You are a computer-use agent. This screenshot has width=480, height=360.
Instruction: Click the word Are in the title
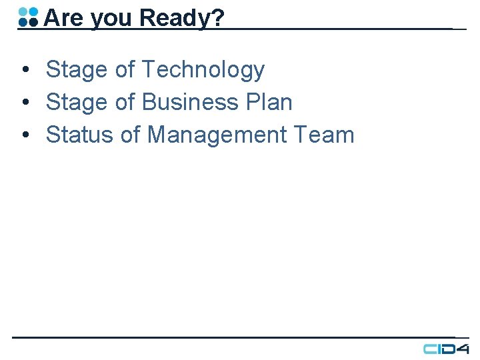point(63,18)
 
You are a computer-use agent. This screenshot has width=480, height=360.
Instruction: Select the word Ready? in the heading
point(181,19)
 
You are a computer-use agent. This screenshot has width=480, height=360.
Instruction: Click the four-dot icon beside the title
point(28,17)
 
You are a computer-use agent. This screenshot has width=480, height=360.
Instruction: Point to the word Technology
point(203,69)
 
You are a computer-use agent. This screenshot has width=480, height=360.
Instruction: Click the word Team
point(332,135)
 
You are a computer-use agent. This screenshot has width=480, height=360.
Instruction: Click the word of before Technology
point(126,69)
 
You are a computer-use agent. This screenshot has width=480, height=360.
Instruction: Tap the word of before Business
point(126,102)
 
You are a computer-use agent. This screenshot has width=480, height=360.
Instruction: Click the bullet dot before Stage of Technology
point(24,70)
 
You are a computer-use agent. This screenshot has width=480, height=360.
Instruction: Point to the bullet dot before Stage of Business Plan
point(24,103)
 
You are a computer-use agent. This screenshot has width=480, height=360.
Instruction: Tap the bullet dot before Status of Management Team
point(24,135)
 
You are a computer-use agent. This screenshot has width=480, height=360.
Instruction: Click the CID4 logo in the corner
point(446,349)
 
